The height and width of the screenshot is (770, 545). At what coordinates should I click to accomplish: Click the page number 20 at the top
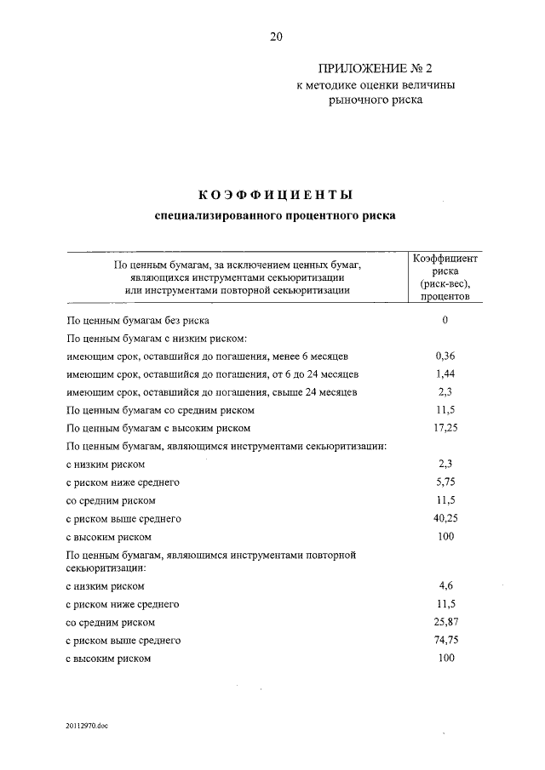point(275,37)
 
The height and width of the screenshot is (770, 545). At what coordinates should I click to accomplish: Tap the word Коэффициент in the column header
point(445,258)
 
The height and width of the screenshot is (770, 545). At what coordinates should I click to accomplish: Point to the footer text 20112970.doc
point(86,726)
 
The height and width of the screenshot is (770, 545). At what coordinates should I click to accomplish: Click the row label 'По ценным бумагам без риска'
point(137,321)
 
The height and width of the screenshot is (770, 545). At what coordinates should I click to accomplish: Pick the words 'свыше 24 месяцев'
point(313,392)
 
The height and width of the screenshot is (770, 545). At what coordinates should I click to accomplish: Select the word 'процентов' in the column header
point(445,297)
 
